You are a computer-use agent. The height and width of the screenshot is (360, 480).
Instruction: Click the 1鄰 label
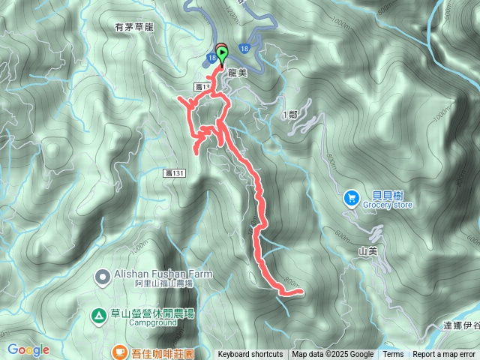click(292, 114)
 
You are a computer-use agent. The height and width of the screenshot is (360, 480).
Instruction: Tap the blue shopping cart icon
click(351, 198)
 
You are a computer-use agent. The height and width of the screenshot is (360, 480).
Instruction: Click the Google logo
click(28, 349)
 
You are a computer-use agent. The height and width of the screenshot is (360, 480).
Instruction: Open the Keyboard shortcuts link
click(250, 355)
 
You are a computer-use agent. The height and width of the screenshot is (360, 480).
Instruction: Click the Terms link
click(393, 355)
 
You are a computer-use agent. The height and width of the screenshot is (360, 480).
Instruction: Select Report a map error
click(444, 355)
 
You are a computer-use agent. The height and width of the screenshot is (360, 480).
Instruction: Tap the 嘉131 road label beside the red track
click(174, 172)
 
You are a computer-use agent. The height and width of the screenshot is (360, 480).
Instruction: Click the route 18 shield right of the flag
click(245, 48)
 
